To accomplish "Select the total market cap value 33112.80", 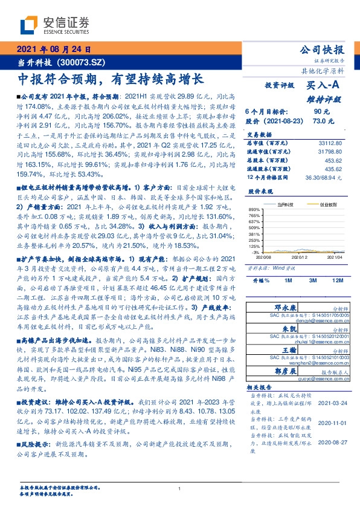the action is pyautogui.click(x=330, y=143).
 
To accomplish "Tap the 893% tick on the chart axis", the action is pyautogui.click(x=253, y=209).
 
